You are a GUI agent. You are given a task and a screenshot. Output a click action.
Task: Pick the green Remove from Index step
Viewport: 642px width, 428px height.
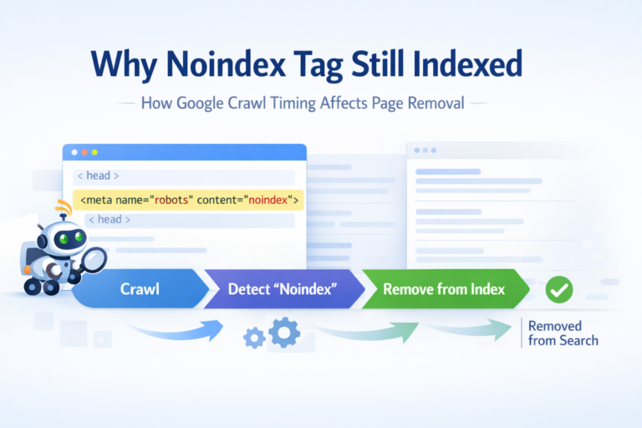pyautogui.click(x=443, y=289)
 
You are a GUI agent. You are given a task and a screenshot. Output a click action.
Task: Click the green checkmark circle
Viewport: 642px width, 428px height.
pyautogui.click(x=558, y=290)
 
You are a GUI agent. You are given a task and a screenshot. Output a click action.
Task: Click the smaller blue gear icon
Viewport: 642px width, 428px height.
pyautogui.click(x=254, y=337)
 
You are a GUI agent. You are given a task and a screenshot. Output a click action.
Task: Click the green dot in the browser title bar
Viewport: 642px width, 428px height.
pyautogui.click(x=94, y=153)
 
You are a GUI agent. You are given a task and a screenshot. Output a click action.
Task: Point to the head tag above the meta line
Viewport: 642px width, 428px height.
pyautogui.click(x=98, y=176)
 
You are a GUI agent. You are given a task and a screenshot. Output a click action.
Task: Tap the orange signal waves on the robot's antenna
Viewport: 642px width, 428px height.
pyautogui.click(x=61, y=207)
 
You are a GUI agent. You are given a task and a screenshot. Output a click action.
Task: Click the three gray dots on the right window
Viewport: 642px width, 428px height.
pyautogui.click(x=424, y=150)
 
